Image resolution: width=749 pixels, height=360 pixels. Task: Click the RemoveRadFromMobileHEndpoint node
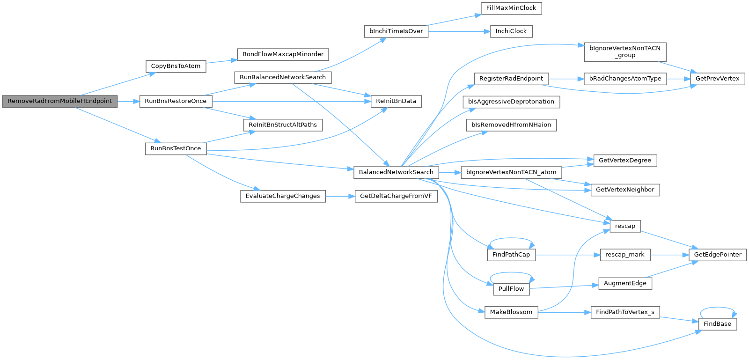[60, 101]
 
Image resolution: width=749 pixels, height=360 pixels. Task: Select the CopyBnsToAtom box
[176, 66]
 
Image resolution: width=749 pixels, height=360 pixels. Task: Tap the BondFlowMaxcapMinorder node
[283, 54]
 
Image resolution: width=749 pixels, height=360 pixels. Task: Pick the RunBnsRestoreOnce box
[176, 101]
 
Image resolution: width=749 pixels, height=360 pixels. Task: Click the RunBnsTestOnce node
[176, 149]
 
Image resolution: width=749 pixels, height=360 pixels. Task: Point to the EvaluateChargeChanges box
[283, 196]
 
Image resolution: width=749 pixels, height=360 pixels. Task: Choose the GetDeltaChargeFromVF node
[396, 196]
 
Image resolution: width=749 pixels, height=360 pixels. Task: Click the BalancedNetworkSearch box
[396, 172]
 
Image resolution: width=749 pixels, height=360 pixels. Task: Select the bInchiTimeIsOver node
[396, 31]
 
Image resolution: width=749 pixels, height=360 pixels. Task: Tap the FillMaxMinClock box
[511, 8]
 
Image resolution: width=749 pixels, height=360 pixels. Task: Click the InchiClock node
[511, 31]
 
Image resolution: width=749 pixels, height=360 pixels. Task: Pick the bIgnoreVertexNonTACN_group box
[625, 52]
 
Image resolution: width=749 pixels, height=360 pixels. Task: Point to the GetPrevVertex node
[718, 79]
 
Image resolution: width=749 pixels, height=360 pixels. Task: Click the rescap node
[625, 226]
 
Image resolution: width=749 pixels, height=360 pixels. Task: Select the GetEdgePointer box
[718, 255]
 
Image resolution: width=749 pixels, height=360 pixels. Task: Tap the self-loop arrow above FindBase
[718, 308]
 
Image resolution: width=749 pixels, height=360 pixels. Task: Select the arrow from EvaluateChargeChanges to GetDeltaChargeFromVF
[340, 196]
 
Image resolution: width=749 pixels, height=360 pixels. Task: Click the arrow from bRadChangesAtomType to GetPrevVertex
[678, 79]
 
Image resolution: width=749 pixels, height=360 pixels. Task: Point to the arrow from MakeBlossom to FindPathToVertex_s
[565, 313]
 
